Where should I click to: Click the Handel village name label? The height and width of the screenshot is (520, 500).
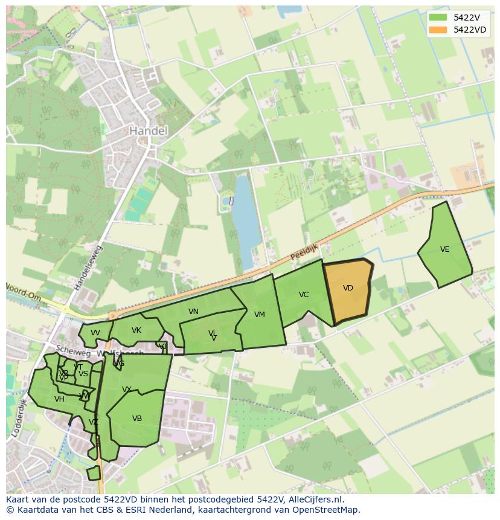(149, 130)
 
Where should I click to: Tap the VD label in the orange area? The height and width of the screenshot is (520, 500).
(348, 288)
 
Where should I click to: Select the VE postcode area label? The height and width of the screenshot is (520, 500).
(445, 249)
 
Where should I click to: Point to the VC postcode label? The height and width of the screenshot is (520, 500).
(304, 295)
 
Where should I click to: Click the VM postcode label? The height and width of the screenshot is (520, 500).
(260, 315)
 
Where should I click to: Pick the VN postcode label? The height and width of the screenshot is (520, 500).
(193, 312)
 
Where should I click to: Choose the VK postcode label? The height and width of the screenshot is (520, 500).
(136, 330)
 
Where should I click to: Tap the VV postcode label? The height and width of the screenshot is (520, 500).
(95, 333)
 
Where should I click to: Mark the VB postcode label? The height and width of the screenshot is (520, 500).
(137, 419)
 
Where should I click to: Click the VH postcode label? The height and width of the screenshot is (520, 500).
(59, 399)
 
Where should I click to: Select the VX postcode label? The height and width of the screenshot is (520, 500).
(127, 390)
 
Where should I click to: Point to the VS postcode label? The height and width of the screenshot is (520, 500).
(83, 374)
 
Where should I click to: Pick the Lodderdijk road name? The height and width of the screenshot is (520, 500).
(19, 417)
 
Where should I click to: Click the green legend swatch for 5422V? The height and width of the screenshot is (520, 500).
(438, 18)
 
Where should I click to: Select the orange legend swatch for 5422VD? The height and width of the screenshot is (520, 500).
(438, 30)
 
